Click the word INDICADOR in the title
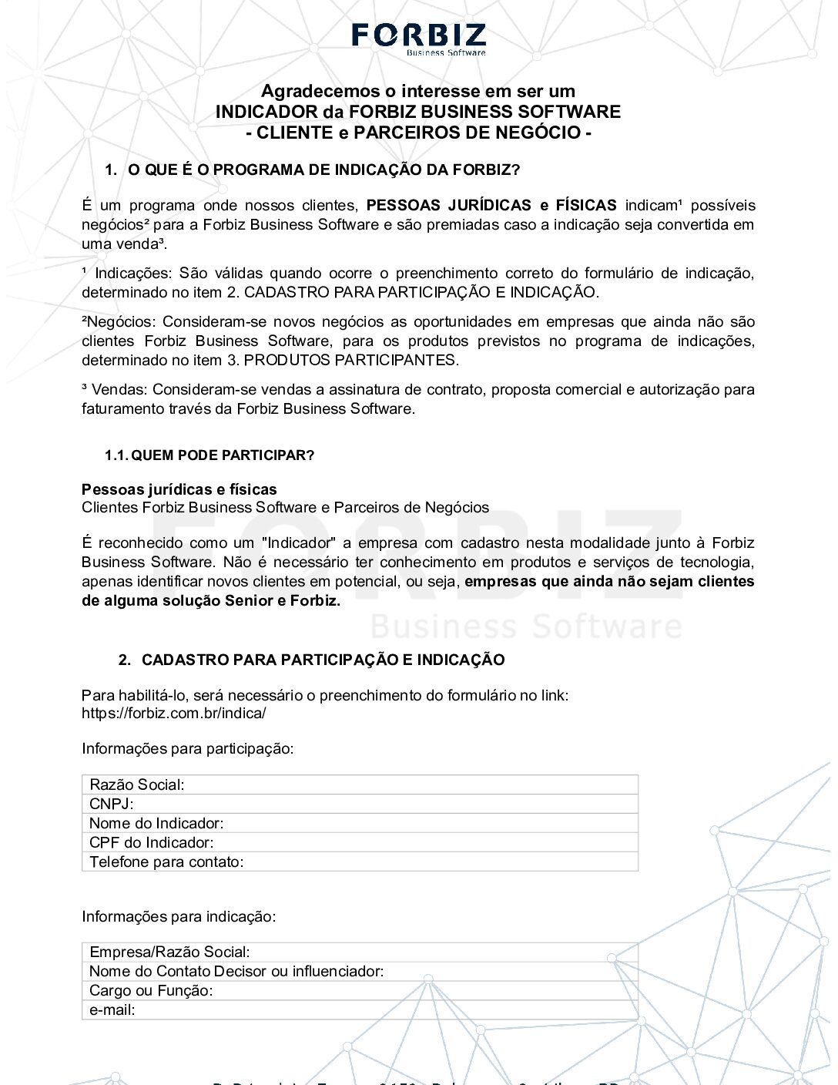point(266,112)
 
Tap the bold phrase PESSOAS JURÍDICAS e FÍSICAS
point(491,206)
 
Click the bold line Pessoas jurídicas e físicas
point(179,489)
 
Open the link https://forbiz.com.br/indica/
point(174,713)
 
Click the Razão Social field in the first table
point(360,785)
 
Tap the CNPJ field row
point(360,805)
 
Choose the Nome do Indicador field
point(360,824)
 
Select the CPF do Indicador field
point(360,843)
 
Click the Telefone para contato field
point(360,862)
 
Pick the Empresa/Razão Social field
point(360,952)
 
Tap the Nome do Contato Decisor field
point(360,972)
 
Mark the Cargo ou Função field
point(360,991)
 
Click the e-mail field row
point(360,1010)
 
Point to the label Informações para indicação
point(179,917)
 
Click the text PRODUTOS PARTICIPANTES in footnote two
point(350,361)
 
